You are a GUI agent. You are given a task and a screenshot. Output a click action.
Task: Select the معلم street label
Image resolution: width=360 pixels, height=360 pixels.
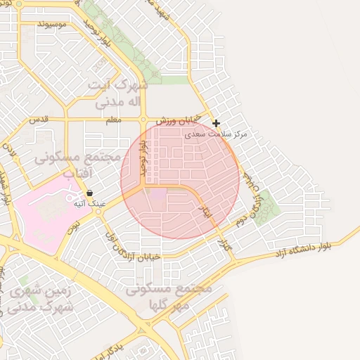click(112, 120)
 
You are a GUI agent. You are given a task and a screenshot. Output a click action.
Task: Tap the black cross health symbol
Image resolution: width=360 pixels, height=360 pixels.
click(216, 123)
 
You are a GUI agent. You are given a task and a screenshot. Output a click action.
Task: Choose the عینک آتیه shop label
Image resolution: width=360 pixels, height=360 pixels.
click(89, 203)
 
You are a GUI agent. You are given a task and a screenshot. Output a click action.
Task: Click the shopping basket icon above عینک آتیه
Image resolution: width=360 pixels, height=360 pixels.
click(89, 193)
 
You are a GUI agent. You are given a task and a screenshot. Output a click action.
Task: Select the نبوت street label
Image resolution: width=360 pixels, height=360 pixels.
click(73, 223)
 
